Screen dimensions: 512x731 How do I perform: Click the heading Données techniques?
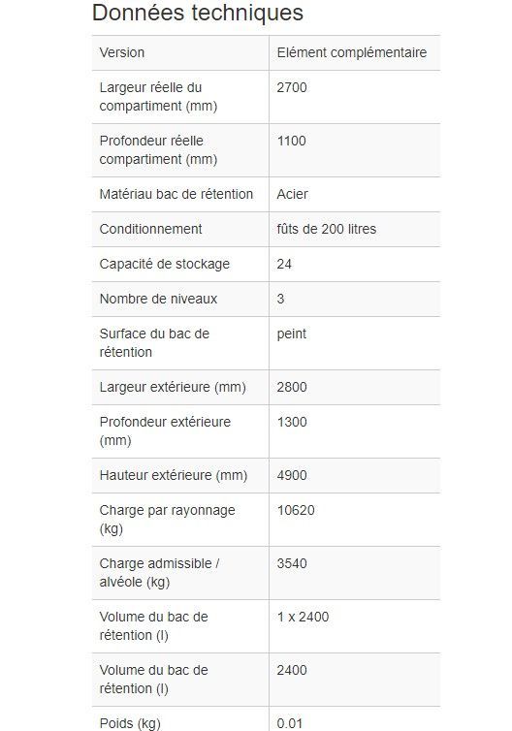pos(197,14)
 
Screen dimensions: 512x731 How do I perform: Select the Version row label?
pos(122,52)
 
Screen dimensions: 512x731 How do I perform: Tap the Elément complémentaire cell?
pos(351,52)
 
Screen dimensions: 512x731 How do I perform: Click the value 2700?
pos(292,87)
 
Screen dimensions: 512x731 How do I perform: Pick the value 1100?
pos(291,141)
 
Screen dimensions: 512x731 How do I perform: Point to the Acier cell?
pos(292,194)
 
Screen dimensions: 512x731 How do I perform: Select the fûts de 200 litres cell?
pos(326,229)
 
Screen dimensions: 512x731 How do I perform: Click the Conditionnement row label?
pos(150,229)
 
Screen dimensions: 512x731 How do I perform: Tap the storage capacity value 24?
pos(284,264)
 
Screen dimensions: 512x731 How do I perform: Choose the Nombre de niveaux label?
pos(158,299)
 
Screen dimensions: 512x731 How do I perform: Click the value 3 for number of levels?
pos(281,299)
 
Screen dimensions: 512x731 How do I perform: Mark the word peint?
pos(291,334)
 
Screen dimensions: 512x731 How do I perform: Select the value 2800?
pos(292,387)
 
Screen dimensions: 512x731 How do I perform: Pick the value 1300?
pos(292,422)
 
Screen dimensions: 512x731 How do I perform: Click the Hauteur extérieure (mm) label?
pos(174,475)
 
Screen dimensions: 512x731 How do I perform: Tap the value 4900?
pos(292,475)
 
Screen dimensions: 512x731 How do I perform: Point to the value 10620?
pos(296,510)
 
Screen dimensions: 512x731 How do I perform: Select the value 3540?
pos(292,563)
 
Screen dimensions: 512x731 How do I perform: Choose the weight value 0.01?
pos(289,723)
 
